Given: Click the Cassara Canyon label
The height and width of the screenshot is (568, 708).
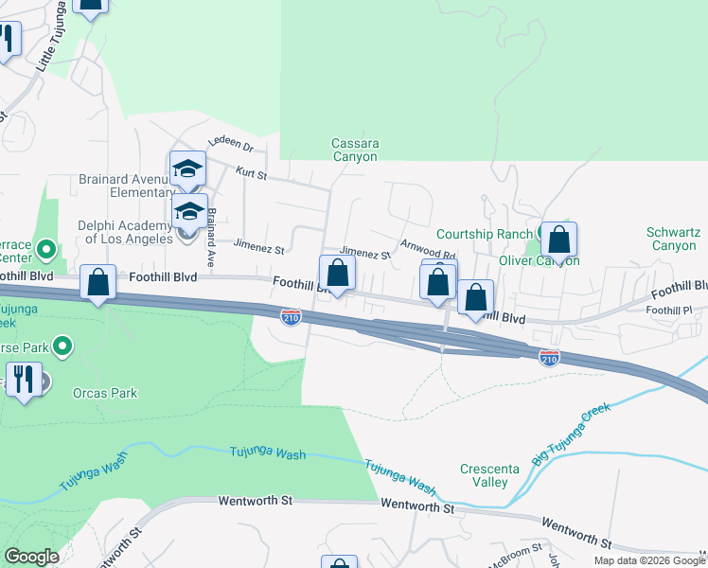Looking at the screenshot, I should [354, 151].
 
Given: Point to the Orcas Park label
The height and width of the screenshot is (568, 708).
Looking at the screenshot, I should [105, 393].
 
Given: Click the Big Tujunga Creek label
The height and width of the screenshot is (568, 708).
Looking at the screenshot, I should [571, 434].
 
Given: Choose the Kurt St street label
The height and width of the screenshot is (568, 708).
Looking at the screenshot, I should [251, 175].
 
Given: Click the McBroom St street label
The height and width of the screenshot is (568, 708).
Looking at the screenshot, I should [516, 547].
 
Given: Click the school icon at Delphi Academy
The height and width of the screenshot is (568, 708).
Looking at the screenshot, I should [189, 211].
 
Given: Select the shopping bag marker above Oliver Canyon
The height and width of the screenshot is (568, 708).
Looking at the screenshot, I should [558, 240].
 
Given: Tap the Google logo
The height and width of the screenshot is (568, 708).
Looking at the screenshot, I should [31, 557].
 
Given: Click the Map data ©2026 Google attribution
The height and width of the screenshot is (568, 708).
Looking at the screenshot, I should [649, 560].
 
